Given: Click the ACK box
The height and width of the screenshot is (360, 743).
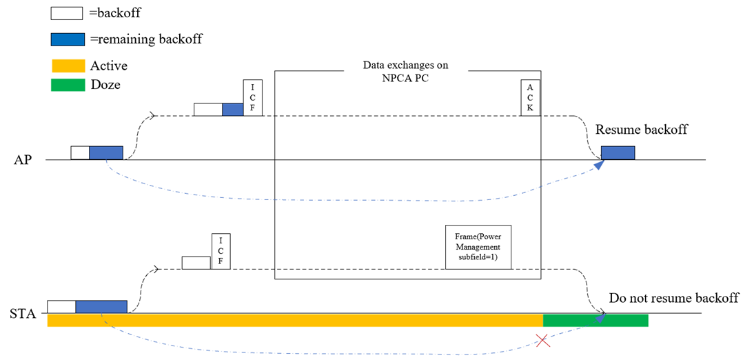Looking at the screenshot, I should click(x=529, y=97).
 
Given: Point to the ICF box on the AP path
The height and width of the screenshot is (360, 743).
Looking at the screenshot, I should click(x=253, y=97).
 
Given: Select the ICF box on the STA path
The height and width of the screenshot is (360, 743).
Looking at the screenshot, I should click(x=221, y=251).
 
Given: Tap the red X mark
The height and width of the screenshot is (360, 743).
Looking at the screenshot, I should click(x=543, y=340).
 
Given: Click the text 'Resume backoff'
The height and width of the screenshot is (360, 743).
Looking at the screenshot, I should click(x=641, y=130).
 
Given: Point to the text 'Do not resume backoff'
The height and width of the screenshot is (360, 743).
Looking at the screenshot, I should click(x=673, y=298).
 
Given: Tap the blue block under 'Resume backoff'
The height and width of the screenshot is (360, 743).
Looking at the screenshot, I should click(x=618, y=153).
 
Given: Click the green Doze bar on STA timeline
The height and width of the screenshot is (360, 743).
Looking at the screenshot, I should click(x=596, y=320).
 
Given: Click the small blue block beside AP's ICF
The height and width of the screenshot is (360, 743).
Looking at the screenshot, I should click(x=233, y=109).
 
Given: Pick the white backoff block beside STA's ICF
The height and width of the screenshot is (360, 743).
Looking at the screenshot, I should click(x=196, y=262).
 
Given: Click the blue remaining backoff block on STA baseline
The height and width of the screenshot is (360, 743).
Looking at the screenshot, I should click(x=101, y=306).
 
